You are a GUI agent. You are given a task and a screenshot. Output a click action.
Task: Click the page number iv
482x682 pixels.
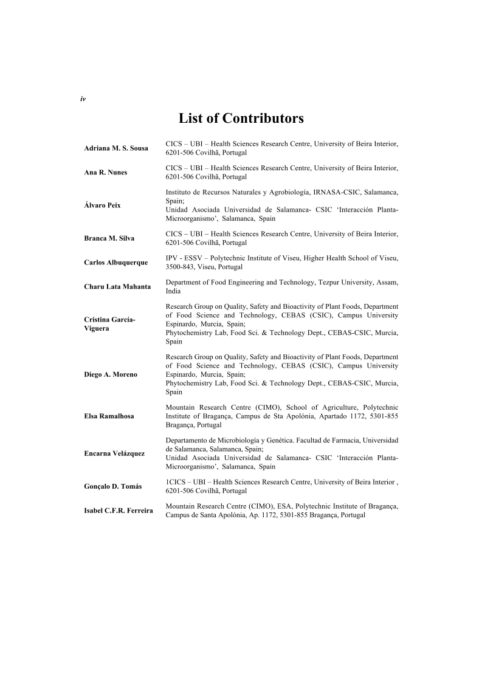tap(83, 98)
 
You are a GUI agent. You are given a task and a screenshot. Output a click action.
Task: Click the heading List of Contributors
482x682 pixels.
tap(241, 118)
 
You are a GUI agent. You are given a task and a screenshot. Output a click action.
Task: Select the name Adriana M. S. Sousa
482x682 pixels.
tap(115, 148)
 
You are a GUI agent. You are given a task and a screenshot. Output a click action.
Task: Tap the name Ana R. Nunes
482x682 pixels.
tap(106, 173)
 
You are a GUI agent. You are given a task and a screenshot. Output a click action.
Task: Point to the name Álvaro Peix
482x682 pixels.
tap(102, 205)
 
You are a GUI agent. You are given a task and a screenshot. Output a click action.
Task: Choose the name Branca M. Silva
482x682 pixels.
tap(109, 238)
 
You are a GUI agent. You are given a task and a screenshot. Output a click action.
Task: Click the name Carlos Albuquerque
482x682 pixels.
tap(115, 262)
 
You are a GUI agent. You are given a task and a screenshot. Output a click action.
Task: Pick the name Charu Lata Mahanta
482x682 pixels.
tap(117, 286)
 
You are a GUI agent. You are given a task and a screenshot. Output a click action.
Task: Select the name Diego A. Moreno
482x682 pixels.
tap(111, 374)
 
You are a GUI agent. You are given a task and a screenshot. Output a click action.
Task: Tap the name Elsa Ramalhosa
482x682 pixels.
tap(109, 416)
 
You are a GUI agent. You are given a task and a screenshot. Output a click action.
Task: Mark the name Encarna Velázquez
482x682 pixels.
tap(114, 453)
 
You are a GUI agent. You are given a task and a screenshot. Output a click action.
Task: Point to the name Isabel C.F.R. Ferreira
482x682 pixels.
tap(118, 511)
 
